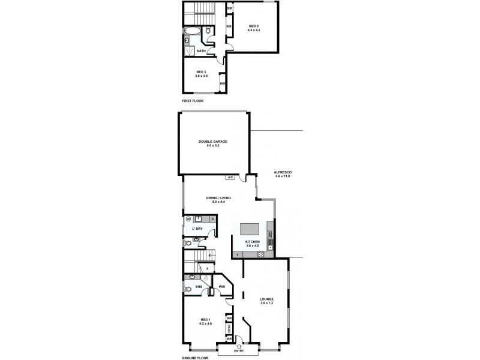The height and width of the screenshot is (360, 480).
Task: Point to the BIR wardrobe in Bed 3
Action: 223,83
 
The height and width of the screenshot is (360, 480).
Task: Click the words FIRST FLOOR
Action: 193,101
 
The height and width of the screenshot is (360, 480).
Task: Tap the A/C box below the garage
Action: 230,178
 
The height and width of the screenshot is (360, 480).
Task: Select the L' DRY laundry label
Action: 197,229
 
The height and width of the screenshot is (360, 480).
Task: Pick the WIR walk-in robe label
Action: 222,287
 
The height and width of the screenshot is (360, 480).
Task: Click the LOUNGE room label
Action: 266,301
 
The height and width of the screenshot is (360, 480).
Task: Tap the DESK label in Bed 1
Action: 229,328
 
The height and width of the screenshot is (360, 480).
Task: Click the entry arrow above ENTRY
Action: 239,346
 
